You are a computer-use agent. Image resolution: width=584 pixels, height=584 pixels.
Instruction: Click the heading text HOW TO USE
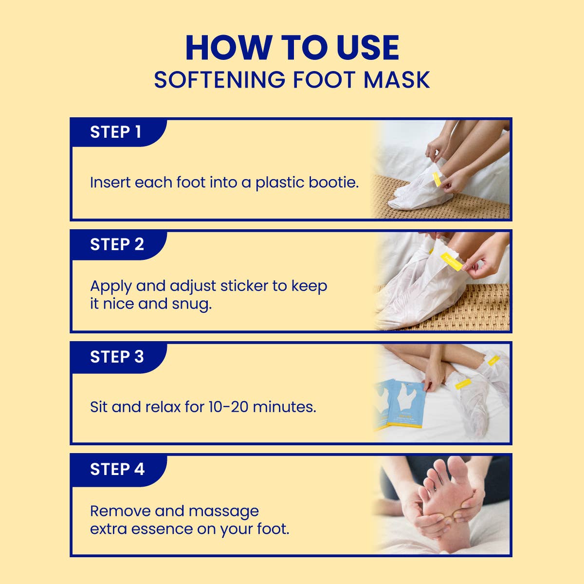pos(292,48)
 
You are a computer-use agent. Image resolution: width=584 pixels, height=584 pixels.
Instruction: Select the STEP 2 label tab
pos(117,244)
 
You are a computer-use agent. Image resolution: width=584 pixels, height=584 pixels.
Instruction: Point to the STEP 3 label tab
pos(117,357)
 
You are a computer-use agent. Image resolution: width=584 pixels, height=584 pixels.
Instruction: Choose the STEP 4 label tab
pos(117,469)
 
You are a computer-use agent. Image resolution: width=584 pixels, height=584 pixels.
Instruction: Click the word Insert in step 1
pos(110,182)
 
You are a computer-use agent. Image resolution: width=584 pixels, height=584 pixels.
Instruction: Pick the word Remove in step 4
pos(120,511)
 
